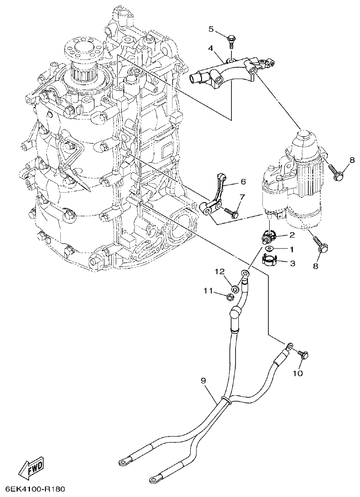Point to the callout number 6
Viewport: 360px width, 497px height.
pos(243,182)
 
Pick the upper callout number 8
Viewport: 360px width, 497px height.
pos(352,160)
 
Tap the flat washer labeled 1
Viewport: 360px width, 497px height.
pos(269,249)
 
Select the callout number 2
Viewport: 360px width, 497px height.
pos(292,235)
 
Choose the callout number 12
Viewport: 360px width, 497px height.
pos(220,272)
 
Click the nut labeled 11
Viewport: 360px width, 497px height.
pos(230,298)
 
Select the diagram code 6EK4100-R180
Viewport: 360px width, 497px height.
pos(35,489)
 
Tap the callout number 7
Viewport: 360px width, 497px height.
pos(242,197)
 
